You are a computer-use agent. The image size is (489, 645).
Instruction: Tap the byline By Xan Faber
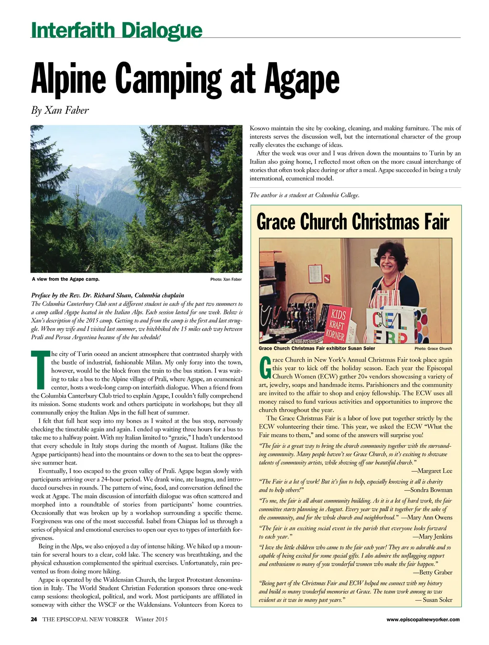click(x=60, y=110)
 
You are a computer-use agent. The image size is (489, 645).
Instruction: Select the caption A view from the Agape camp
click(x=65, y=279)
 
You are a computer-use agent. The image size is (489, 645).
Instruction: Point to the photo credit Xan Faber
click(x=226, y=279)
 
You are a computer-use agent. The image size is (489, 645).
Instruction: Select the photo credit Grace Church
click(x=433, y=349)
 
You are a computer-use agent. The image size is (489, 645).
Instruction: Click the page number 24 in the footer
click(x=34, y=619)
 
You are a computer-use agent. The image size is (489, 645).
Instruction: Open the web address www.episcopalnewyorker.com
click(x=423, y=620)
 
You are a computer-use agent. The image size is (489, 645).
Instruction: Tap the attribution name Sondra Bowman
click(x=428, y=490)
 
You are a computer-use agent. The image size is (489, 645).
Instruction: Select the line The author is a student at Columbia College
click(x=304, y=195)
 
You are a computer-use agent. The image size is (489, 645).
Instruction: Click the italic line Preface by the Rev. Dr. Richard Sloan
click(x=107, y=295)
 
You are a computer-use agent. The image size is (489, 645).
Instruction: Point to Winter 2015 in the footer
click(x=151, y=619)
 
